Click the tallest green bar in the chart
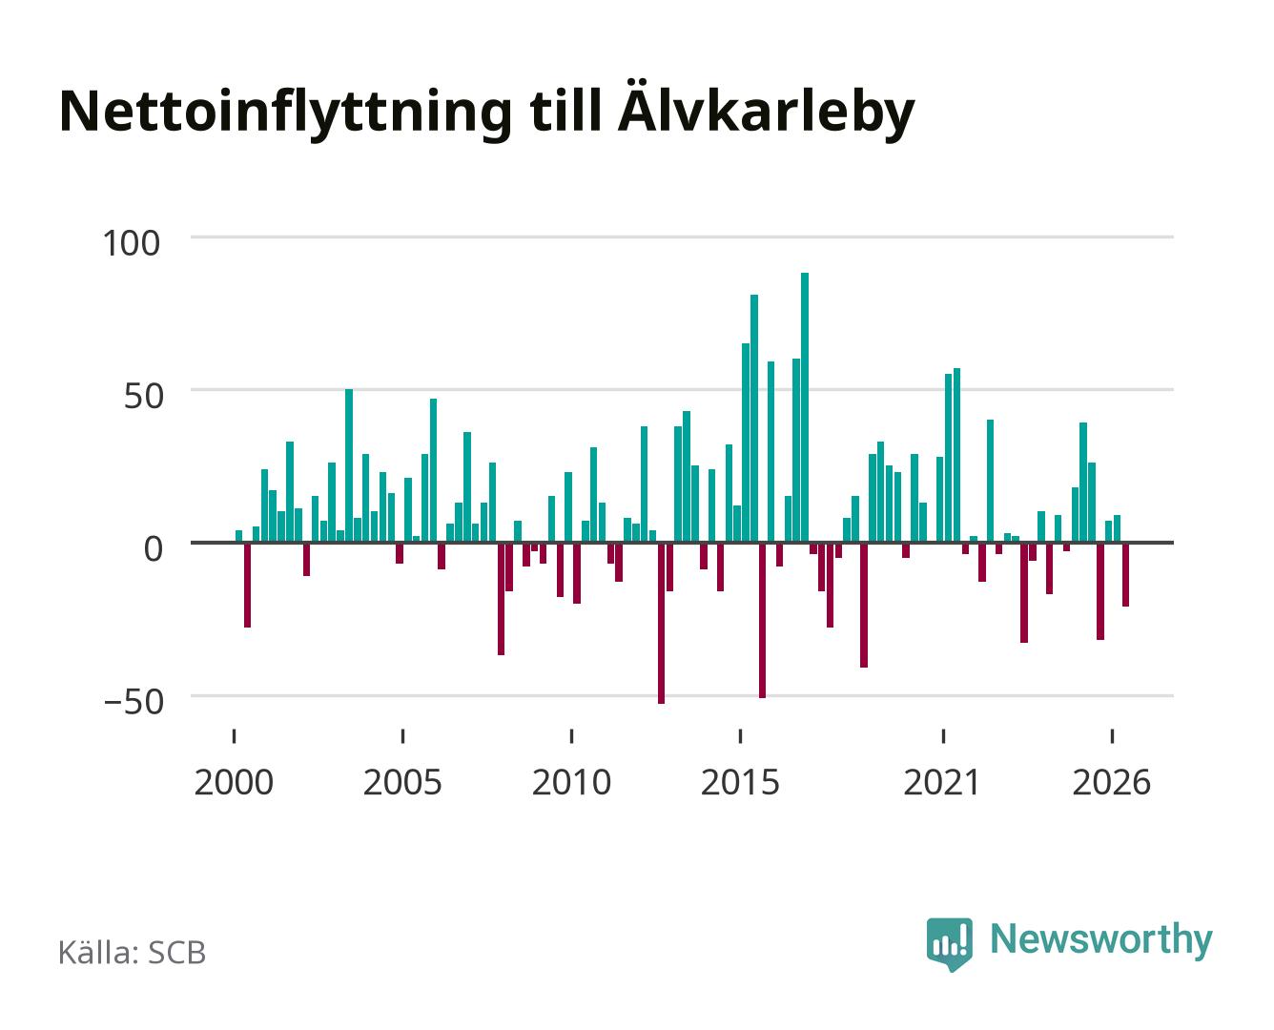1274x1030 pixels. [805, 407]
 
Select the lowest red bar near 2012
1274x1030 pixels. [661, 624]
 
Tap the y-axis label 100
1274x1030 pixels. [132, 243]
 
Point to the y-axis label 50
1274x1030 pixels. [144, 397]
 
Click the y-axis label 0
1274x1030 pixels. [154, 549]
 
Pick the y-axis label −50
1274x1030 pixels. [134, 702]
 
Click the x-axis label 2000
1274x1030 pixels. [234, 783]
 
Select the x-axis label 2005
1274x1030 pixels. [402, 783]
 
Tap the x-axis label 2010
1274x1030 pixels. [572, 783]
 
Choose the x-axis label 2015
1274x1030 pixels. [741, 783]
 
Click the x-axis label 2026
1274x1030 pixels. [1112, 783]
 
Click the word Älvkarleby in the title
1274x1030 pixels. [766, 111]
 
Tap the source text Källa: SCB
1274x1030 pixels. [133, 952]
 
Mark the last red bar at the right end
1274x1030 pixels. [1125, 575]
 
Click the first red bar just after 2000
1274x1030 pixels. [248, 585]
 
